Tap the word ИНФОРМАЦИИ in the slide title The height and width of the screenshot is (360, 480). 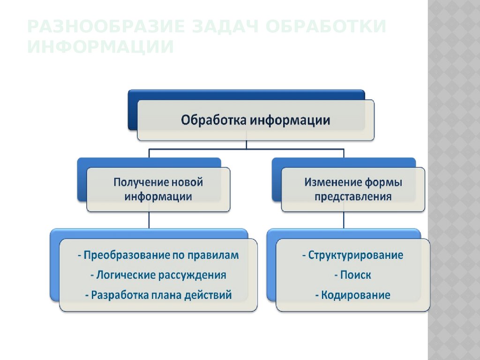click(x=100, y=47)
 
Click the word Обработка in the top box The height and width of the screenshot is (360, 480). click(x=213, y=120)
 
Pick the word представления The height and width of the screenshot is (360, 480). click(x=353, y=196)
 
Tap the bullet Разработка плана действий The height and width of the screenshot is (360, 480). click(x=158, y=295)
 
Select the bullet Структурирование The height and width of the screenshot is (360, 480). click(x=352, y=255)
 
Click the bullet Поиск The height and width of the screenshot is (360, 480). click(x=352, y=275)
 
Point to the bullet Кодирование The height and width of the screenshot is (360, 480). click(x=352, y=295)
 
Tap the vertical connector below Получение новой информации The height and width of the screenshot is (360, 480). click(x=150, y=220)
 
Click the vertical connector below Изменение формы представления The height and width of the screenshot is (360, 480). click(x=343, y=220)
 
